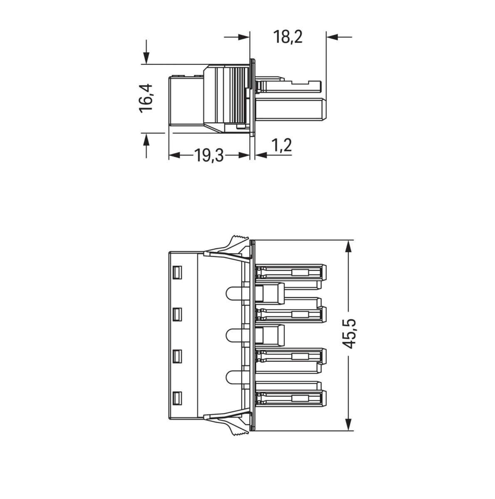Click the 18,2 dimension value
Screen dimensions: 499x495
coord(287,37)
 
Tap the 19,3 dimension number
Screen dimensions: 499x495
coord(209,156)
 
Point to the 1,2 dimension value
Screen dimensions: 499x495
coord(282,146)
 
